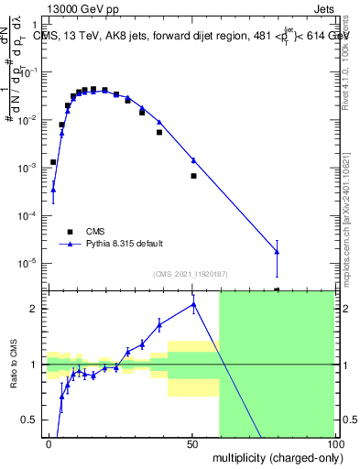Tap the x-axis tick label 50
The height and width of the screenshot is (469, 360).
coord(193,443)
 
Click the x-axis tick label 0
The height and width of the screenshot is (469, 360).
coord(49,443)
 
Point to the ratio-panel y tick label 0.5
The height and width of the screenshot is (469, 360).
coord(29,420)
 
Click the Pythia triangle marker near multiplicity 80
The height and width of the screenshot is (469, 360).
coord(277,252)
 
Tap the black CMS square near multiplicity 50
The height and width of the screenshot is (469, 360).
coord(193,175)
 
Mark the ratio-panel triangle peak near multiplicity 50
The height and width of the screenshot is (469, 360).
coord(193,304)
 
